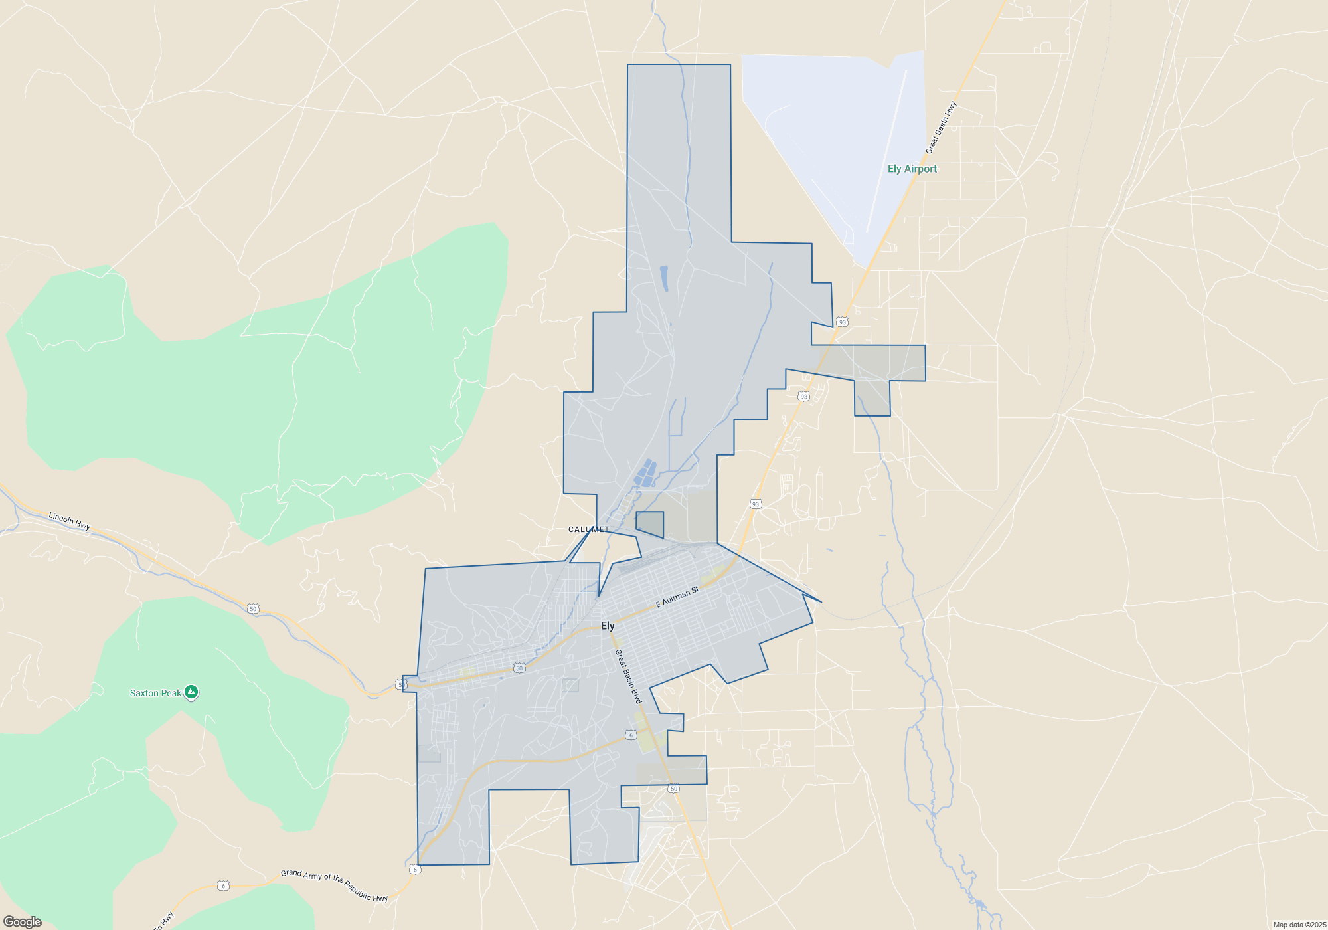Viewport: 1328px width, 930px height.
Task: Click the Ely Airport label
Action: click(x=912, y=169)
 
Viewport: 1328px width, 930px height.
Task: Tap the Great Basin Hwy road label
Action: click(x=942, y=128)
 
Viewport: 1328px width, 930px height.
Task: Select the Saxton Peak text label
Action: click(x=155, y=693)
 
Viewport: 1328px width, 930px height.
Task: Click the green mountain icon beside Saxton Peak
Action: click(x=191, y=692)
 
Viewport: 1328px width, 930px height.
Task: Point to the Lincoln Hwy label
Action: click(x=69, y=521)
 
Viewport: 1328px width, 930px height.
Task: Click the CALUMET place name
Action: click(x=588, y=529)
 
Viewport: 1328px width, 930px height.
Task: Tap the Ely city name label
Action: click(x=608, y=626)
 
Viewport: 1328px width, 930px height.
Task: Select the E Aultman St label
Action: click(x=677, y=597)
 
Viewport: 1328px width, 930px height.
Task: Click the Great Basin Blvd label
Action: click(x=628, y=676)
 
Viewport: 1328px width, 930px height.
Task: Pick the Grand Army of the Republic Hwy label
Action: click(x=334, y=885)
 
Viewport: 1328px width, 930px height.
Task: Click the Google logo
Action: click(x=23, y=921)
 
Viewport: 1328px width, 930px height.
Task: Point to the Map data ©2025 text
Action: click(x=1299, y=925)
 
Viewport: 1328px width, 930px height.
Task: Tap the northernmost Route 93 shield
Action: click(x=842, y=322)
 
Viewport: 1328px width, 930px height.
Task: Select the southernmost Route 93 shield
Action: click(x=755, y=504)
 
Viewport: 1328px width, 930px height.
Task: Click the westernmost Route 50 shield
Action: click(x=252, y=608)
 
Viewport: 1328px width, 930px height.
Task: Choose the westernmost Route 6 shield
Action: click(x=223, y=885)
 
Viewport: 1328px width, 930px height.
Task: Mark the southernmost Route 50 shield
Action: click(x=673, y=789)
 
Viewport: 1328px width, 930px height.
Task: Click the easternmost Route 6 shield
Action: click(x=631, y=735)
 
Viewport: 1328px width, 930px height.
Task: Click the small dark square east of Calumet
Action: click(x=650, y=523)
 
